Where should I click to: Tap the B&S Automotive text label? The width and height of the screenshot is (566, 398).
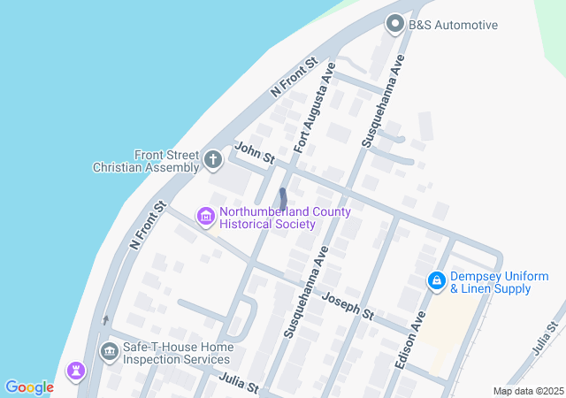(x=453, y=26)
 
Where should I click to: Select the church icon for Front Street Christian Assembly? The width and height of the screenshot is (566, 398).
(x=212, y=160)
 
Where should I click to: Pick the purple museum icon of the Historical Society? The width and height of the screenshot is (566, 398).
(x=206, y=217)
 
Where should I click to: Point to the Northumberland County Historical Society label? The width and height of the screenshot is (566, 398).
(x=285, y=218)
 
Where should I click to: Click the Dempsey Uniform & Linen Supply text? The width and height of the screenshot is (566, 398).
(x=492, y=282)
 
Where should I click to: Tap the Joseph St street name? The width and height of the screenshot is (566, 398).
(x=348, y=307)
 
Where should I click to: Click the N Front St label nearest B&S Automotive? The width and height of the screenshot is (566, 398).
(x=294, y=77)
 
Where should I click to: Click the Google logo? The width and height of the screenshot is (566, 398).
(x=29, y=387)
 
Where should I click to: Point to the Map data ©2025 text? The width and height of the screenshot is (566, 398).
(x=528, y=391)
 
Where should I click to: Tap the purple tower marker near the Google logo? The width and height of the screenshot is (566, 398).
(x=77, y=369)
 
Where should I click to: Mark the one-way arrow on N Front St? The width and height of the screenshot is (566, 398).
(x=105, y=320)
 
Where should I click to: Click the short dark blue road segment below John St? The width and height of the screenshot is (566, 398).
(x=282, y=199)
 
